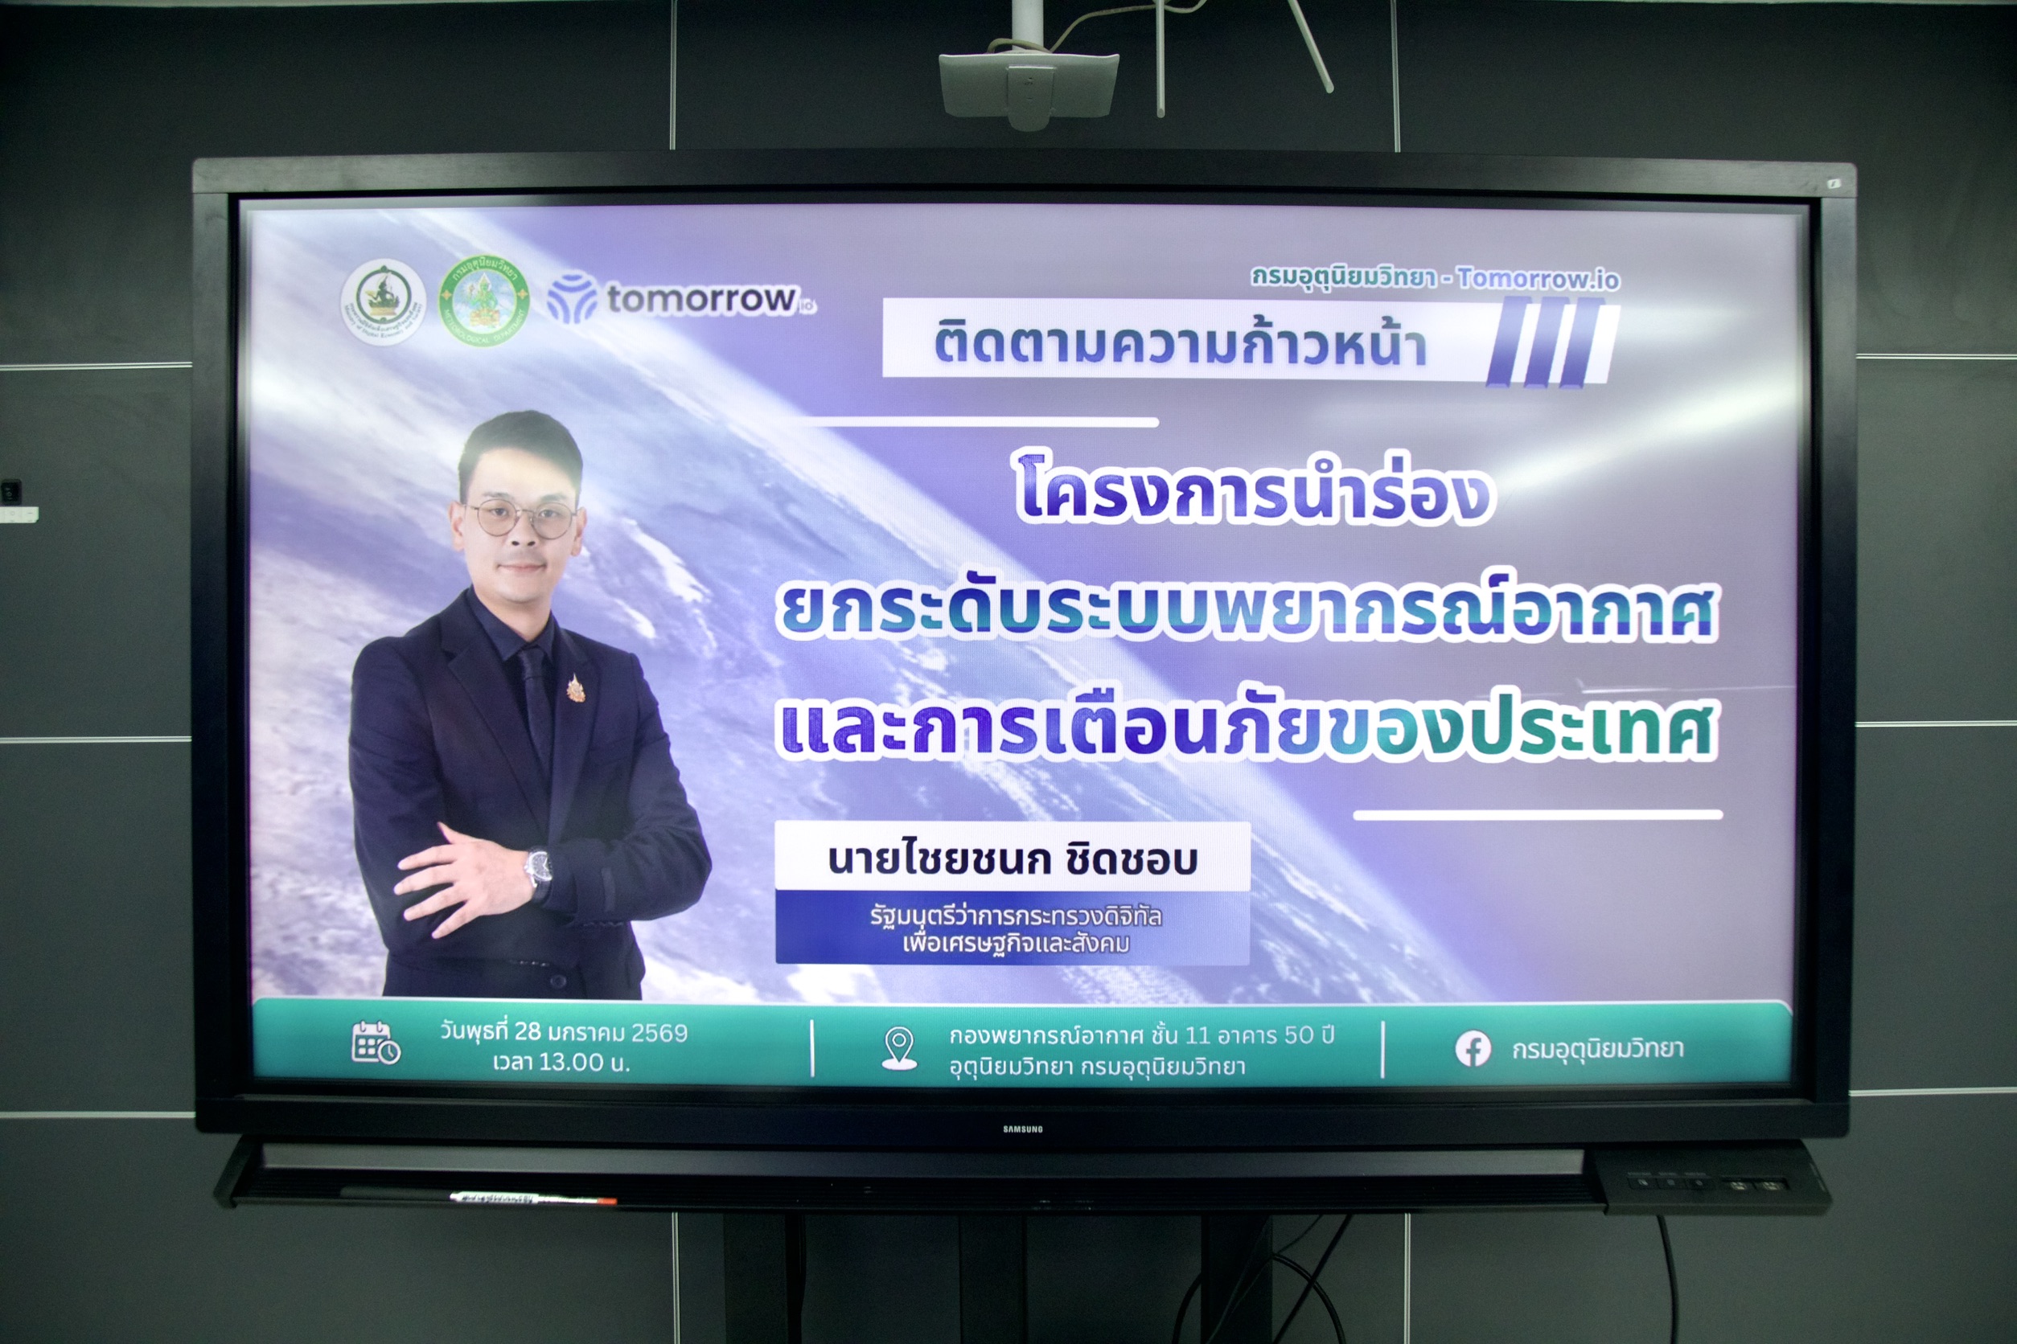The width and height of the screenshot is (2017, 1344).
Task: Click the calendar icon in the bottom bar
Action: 375,1043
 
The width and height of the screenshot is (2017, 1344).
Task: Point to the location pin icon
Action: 899,1048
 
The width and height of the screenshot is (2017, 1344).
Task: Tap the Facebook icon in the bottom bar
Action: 1473,1049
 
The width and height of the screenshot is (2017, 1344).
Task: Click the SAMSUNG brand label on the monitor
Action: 1022,1129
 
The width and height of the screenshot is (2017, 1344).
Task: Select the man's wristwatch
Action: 538,867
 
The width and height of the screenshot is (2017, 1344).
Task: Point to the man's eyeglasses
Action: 520,517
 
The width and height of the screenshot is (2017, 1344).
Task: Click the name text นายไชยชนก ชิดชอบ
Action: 1012,858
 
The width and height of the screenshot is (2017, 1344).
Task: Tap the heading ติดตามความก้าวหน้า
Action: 1180,345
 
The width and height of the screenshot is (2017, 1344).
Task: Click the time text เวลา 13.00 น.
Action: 561,1063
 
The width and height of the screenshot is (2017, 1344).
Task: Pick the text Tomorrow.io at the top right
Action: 1538,279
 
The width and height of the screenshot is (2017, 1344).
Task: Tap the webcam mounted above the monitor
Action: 1029,86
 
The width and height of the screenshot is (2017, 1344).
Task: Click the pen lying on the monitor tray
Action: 532,1198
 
